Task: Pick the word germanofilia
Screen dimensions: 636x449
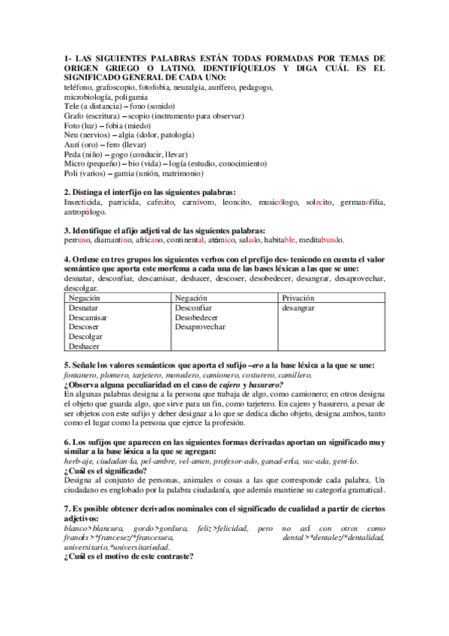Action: pos(361,202)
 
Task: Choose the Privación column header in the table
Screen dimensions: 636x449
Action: pos(298,298)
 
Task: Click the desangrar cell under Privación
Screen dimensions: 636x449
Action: pos(299,307)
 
